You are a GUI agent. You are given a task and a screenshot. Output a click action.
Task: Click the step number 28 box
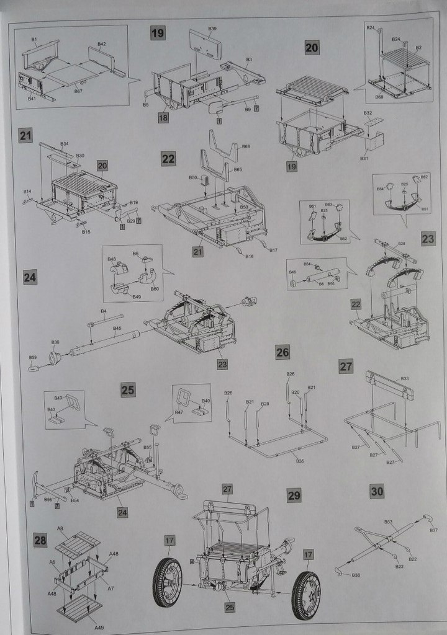coord(40,541)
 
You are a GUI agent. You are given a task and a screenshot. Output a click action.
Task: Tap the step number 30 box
coord(377,491)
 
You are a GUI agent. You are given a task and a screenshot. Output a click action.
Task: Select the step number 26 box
coord(282,353)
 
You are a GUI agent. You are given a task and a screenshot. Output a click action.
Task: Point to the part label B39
coord(212,29)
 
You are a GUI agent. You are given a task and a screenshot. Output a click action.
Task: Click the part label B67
coord(78,91)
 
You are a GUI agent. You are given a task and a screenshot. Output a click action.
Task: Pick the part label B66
coord(246,146)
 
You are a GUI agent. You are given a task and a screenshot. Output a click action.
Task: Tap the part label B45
coord(117,329)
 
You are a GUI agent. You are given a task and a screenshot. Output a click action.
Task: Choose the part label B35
coord(300,461)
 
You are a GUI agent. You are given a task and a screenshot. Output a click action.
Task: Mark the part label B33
coord(405,378)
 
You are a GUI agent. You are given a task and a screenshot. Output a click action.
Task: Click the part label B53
coord(388,522)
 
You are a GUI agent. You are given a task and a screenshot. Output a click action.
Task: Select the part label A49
coord(99,628)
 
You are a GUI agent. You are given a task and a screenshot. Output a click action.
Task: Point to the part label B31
coord(364,159)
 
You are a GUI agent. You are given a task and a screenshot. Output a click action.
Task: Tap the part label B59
coord(33,358)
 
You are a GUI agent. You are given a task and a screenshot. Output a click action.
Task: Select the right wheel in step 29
coord(306,595)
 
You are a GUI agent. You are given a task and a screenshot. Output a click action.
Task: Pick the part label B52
coord(343,239)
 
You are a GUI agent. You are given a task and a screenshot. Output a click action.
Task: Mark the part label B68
coord(379,97)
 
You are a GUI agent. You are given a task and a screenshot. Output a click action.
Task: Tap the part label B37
coord(433,530)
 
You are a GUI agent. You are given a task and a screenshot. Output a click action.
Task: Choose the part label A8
coord(61,528)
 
